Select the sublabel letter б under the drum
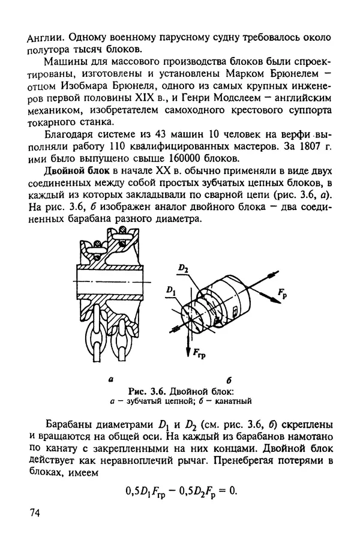(230, 380)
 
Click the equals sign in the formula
(217, 490)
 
